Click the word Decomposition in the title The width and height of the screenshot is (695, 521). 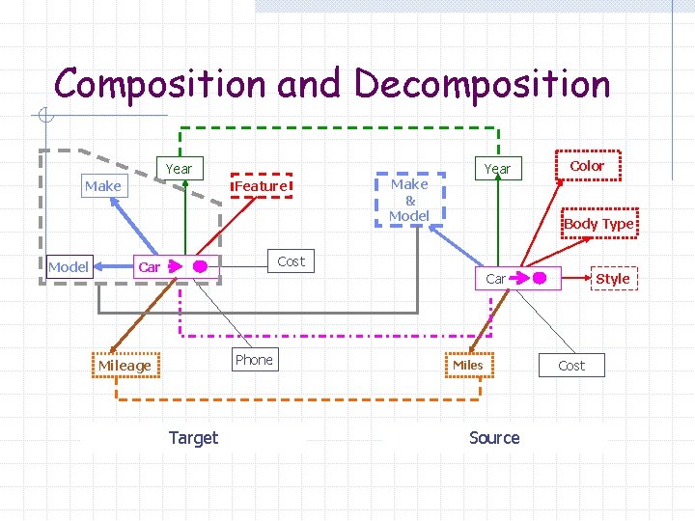(483, 85)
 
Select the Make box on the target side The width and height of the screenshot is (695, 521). (102, 185)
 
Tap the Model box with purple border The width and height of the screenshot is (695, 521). (69, 266)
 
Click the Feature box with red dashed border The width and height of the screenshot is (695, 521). (261, 185)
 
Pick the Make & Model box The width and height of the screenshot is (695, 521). (409, 199)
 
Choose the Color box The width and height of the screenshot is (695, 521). (587, 166)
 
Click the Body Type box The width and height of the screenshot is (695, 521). (598, 224)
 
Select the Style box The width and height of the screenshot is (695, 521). (612, 279)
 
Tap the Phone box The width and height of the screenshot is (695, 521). (254, 360)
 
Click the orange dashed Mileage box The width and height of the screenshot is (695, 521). (125, 366)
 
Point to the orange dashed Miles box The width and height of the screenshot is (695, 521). (468, 365)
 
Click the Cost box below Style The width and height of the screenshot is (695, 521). (571, 366)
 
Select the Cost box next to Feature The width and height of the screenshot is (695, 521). (291, 260)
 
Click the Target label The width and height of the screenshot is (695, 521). (193, 437)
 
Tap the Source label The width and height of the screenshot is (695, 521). (494, 437)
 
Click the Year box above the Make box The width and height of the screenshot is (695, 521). (179, 169)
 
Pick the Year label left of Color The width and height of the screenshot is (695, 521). (497, 169)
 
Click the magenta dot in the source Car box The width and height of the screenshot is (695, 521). (541, 279)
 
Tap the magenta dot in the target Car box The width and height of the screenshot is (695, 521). (200, 266)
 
